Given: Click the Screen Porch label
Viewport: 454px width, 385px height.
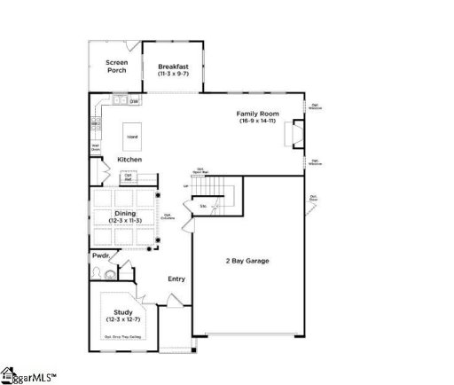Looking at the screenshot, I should (x=116, y=66).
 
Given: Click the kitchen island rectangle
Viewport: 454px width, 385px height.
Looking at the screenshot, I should (x=132, y=137).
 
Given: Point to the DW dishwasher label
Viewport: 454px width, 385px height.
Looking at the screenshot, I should (x=135, y=102).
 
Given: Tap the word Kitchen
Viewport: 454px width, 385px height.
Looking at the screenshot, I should (x=129, y=160).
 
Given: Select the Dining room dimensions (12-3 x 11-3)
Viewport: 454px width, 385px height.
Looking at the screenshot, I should (x=123, y=219).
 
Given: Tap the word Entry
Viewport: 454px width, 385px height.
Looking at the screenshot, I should (x=176, y=279).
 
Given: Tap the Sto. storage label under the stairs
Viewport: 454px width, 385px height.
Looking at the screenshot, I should (x=203, y=207).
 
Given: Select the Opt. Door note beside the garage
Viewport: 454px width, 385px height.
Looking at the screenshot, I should (x=314, y=198).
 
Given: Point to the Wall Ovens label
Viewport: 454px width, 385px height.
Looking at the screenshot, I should (x=95, y=147).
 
